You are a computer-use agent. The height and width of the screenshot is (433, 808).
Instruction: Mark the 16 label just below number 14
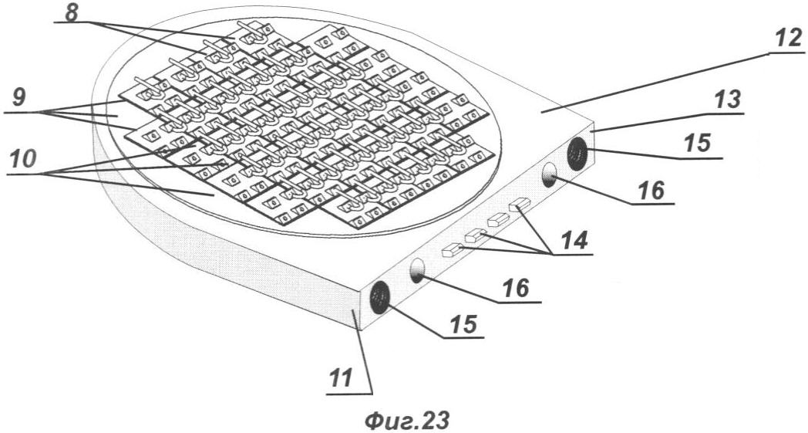coord(513,289)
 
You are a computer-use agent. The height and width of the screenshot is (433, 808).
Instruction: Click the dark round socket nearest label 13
coord(577,154)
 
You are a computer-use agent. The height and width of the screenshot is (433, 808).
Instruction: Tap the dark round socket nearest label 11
coord(380,298)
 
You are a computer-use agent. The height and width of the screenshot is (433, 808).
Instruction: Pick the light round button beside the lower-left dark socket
coord(417,271)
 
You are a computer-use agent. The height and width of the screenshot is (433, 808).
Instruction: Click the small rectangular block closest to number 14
coord(520,205)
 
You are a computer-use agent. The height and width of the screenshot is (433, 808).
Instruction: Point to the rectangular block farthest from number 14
coord(451,249)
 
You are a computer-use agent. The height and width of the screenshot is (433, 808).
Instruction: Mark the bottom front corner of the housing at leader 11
coord(360,329)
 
